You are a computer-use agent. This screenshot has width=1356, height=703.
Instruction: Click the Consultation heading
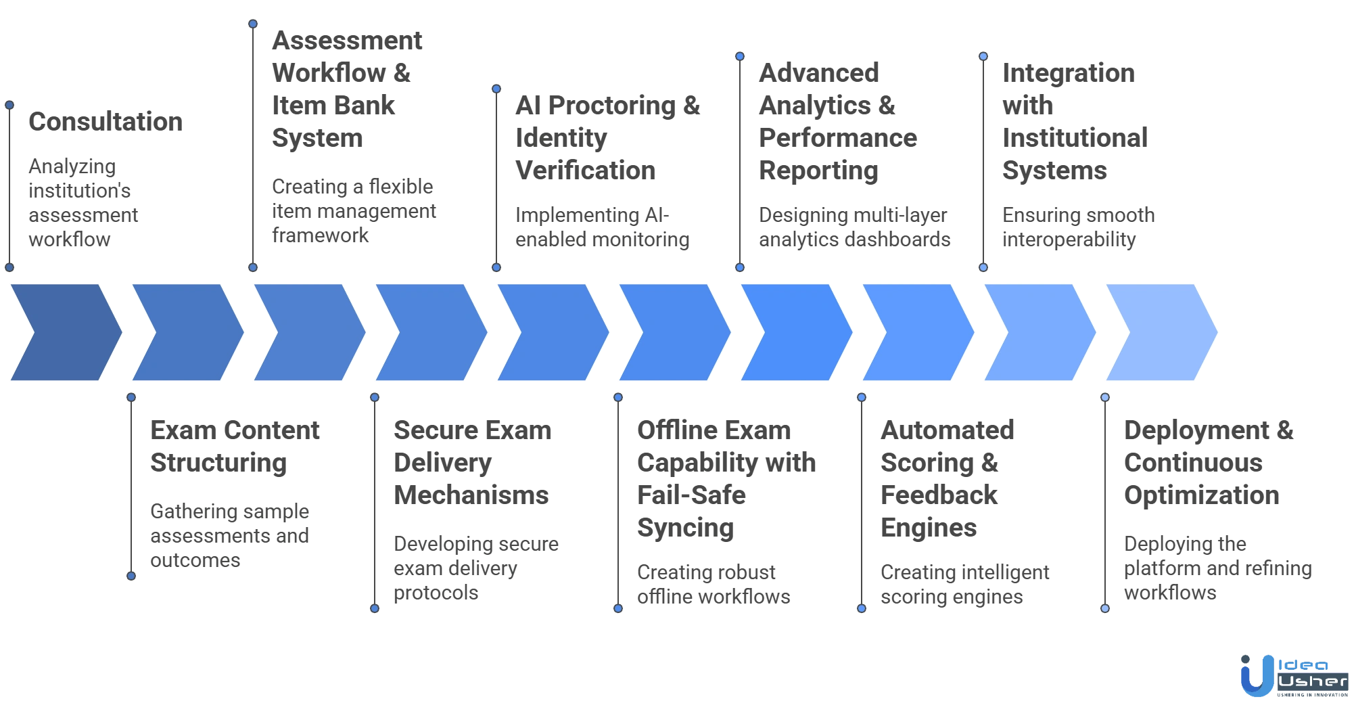(x=105, y=123)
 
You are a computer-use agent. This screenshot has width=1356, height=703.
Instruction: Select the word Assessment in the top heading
(x=348, y=42)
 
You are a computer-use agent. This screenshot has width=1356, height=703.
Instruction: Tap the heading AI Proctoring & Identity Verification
(x=607, y=139)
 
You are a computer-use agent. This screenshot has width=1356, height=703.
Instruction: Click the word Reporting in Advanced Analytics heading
(x=819, y=171)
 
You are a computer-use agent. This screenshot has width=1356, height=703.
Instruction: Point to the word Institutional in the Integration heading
(x=1073, y=139)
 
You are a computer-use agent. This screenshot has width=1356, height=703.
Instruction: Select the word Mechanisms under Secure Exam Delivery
(x=471, y=496)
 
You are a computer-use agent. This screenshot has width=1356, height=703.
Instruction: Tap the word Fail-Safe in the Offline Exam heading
(x=690, y=496)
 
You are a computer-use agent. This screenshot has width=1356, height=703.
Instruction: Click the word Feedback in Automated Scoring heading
(x=940, y=496)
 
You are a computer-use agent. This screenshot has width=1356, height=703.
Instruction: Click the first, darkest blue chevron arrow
(x=65, y=333)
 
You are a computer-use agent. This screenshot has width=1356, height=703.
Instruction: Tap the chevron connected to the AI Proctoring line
(x=552, y=333)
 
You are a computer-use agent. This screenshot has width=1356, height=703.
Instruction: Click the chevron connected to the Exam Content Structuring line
(x=187, y=333)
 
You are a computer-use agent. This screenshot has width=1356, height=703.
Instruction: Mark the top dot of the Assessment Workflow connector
(x=253, y=24)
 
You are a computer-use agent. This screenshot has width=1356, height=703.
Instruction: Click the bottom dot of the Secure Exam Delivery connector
(x=375, y=608)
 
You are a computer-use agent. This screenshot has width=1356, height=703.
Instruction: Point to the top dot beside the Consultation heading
(x=9, y=105)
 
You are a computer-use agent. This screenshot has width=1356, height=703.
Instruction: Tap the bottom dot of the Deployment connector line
(x=1105, y=608)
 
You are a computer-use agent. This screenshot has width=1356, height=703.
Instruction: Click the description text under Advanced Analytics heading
(x=854, y=227)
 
